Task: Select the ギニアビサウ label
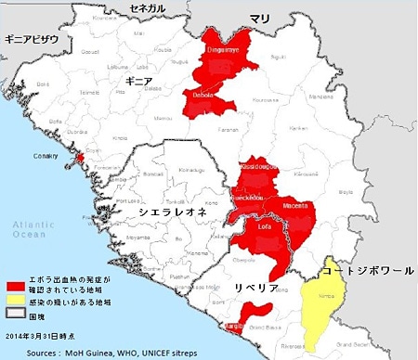tap(32, 39)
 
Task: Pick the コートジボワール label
tap(368, 271)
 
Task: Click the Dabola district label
tap(202, 95)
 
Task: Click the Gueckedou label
tap(255, 199)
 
